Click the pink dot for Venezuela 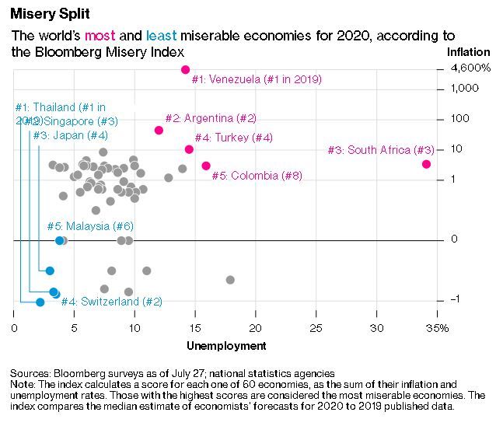point(186,70)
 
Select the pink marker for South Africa point(426,164)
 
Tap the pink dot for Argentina point(159,130)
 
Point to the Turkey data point point(189,149)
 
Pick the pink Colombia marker point(206,166)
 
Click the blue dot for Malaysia point(59,240)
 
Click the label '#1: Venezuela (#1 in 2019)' point(257,79)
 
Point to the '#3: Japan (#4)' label point(70,135)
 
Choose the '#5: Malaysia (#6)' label point(90,226)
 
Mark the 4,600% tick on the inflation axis point(471,69)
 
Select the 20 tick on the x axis point(256,329)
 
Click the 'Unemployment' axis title point(226,346)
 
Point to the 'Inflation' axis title point(468,52)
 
